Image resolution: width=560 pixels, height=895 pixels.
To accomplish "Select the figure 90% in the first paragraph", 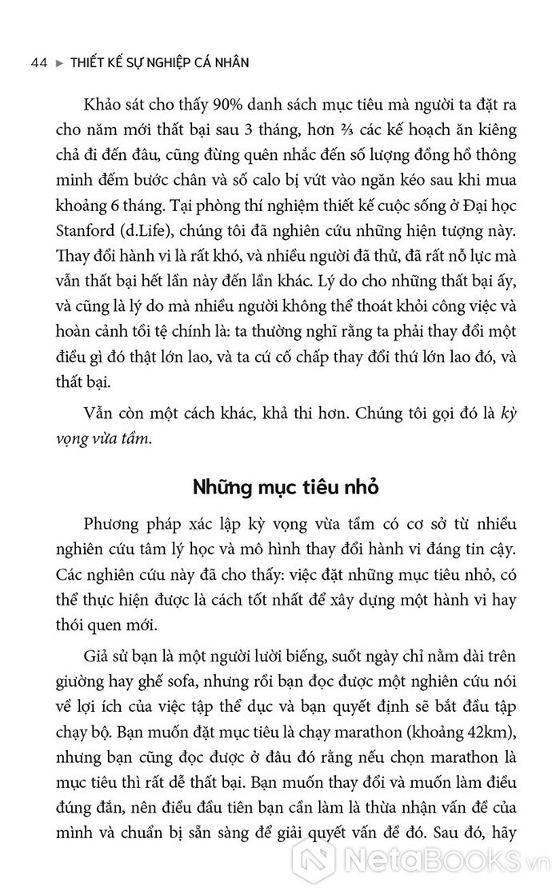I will (212, 106).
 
